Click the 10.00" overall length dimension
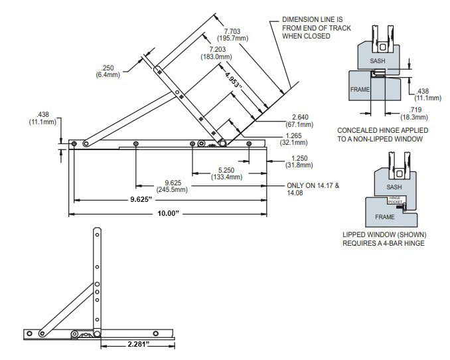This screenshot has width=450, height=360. click(x=170, y=213)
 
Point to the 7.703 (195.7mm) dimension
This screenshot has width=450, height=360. click(x=236, y=35)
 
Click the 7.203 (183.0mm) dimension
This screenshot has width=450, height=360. click(x=220, y=53)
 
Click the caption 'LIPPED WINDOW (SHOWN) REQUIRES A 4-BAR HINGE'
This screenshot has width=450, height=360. click(x=384, y=238)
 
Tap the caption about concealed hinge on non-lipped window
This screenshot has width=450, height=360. click(x=380, y=135)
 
